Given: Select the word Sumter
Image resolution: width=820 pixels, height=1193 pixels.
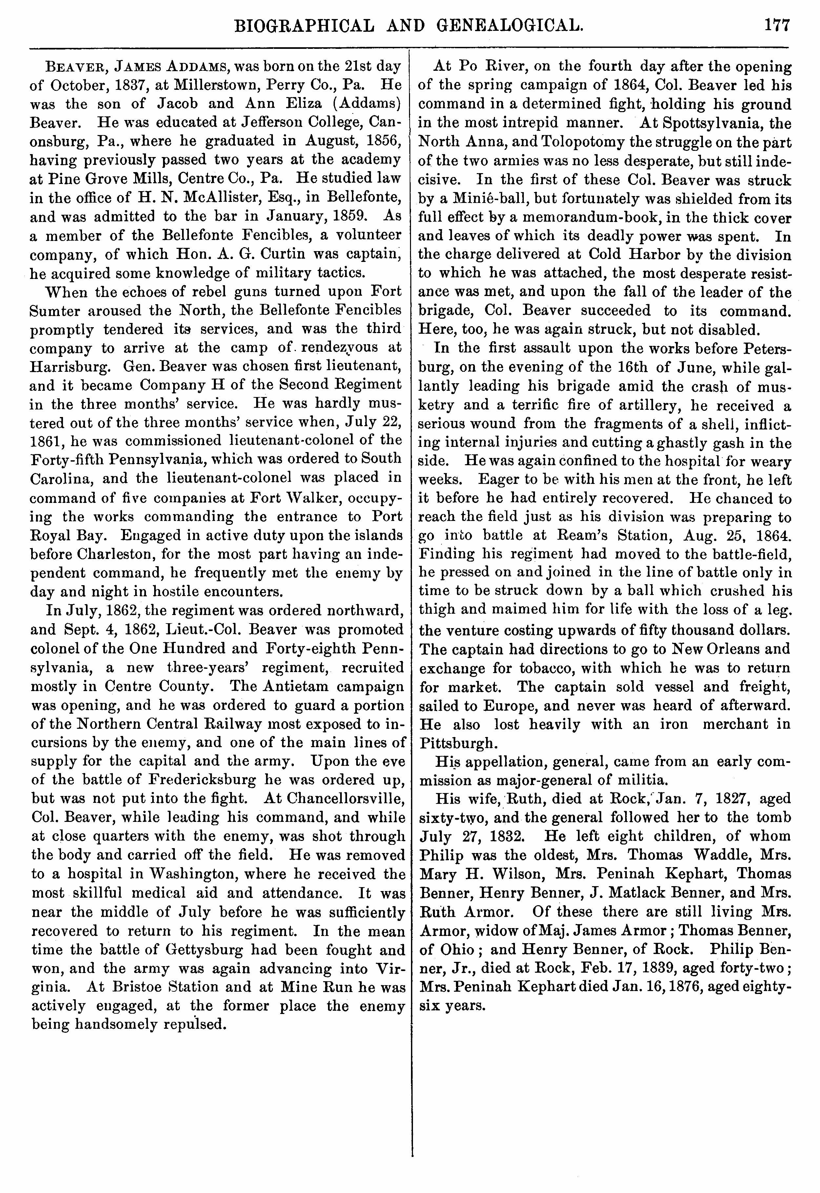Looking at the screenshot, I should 57,311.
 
